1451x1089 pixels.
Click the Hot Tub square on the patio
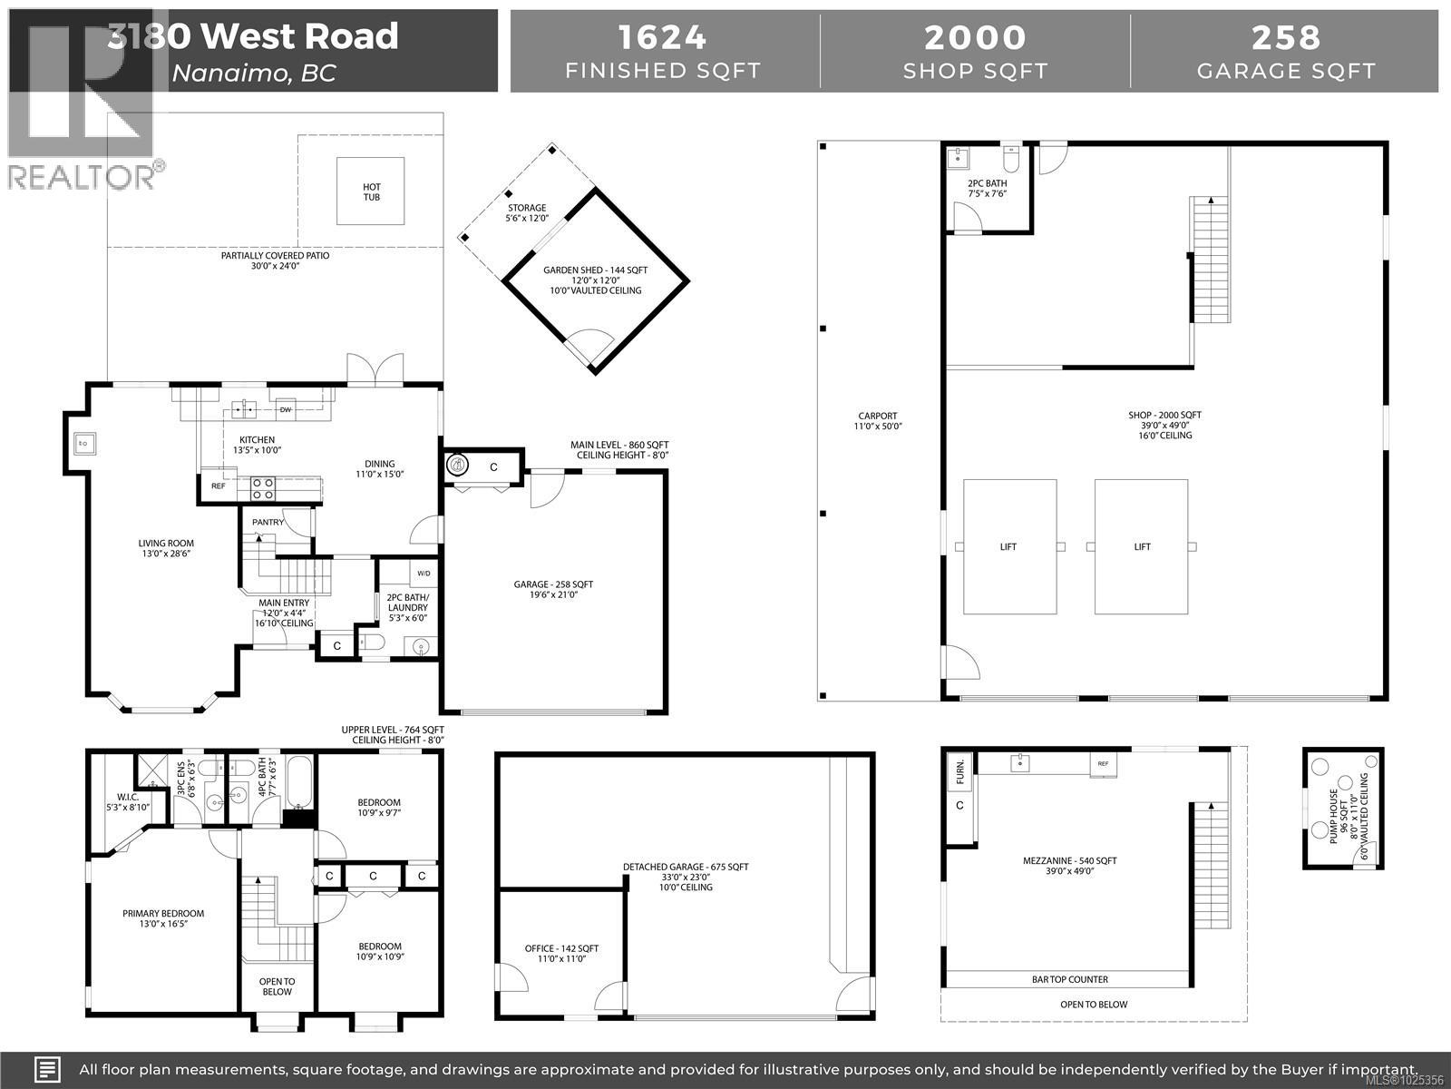(x=371, y=191)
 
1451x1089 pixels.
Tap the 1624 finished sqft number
(x=662, y=37)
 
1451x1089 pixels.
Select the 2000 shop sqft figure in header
(x=975, y=37)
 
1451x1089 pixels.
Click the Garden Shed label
(x=595, y=270)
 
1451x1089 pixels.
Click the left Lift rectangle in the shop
(x=1008, y=546)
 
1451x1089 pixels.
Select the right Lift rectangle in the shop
(x=1141, y=546)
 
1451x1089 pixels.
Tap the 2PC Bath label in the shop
(x=987, y=188)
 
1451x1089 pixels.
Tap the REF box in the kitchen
(x=218, y=486)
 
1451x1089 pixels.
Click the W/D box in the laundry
(x=424, y=574)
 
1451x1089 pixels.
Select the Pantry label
(x=268, y=522)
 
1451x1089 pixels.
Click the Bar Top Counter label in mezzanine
(x=1069, y=979)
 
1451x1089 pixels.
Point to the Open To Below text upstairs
(x=277, y=986)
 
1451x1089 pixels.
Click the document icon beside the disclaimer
(x=48, y=1069)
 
